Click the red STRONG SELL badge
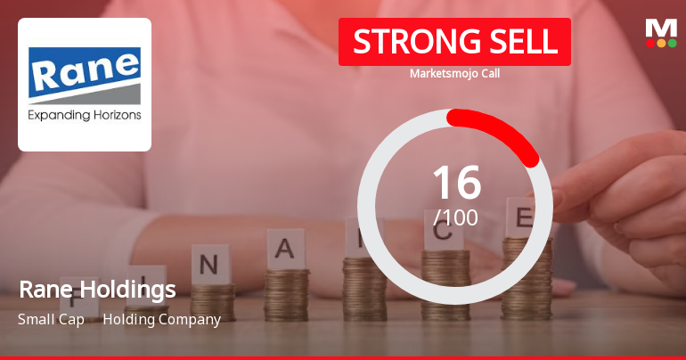click(x=454, y=41)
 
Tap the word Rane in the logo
click(x=85, y=71)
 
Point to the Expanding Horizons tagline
click(x=85, y=115)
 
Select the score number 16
click(x=456, y=183)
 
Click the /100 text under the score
click(x=455, y=217)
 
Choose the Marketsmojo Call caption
click(x=454, y=73)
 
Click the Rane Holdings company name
click(x=97, y=290)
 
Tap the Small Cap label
click(x=51, y=319)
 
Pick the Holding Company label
click(x=161, y=319)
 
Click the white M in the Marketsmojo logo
click(x=661, y=27)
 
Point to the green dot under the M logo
click(x=673, y=43)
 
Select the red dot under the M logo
click(x=650, y=43)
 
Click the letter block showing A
click(x=285, y=249)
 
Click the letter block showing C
click(x=443, y=233)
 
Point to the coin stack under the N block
click(x=212, y=301)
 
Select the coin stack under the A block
click(x=287, y=294)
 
